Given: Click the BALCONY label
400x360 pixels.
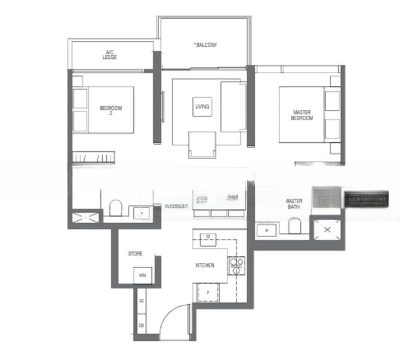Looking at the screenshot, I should [206, 44].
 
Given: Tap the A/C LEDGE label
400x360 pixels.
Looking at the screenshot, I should [110, 55].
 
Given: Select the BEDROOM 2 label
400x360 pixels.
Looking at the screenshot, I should [111, 110].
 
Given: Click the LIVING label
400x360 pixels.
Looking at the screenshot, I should [202, 107].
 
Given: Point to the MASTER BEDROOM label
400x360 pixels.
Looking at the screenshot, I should [302, 115].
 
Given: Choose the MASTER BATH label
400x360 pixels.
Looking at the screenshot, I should [294, 205].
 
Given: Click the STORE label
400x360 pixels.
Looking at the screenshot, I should [135, 254].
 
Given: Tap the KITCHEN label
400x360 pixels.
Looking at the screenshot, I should [205, 265].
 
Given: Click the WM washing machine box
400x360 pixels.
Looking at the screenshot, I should [142, 275].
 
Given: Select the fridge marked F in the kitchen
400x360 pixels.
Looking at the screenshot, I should [208, 293].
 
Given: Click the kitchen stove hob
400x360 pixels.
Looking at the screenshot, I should [236, 264].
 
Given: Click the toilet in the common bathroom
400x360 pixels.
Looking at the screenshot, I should [116, 208].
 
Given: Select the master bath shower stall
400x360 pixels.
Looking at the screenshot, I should [327, 229].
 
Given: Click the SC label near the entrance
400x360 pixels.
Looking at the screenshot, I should [142, 300].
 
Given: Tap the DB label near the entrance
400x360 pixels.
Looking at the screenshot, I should [142, 325].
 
